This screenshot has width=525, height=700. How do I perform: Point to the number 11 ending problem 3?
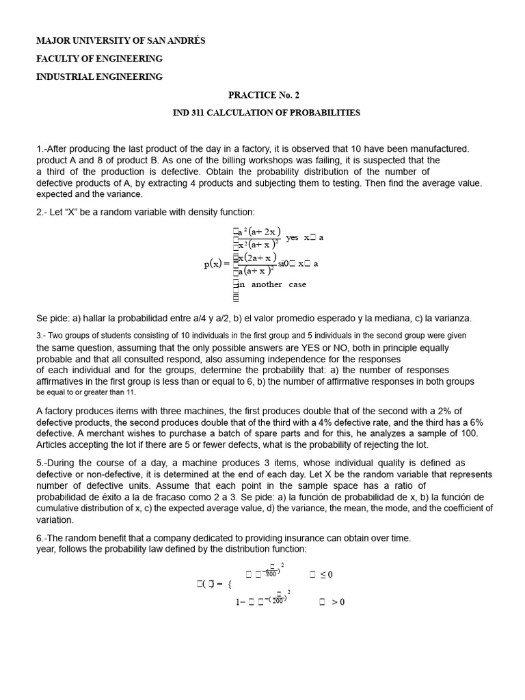(131, 393)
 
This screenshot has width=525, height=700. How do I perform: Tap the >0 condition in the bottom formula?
(338, 602)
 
